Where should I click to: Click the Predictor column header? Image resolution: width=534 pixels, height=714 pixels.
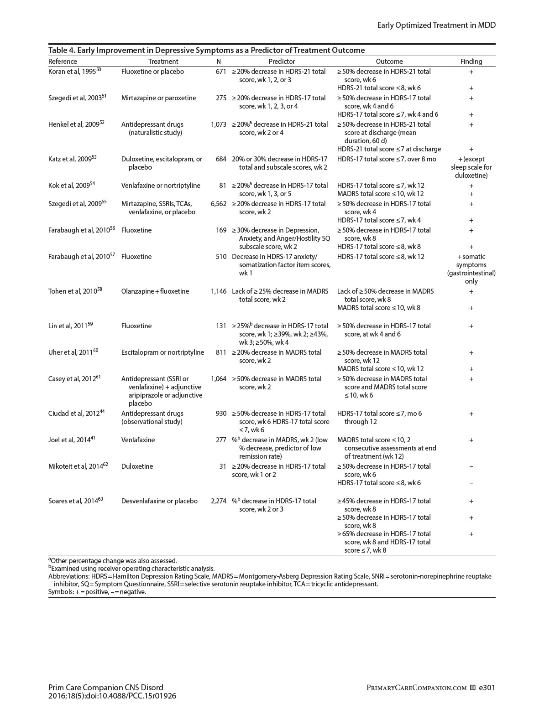(x=282, y=62)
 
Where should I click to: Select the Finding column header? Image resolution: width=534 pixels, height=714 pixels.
(x=471, y=62)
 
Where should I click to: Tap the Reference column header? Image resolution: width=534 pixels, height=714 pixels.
(x=63, y=62)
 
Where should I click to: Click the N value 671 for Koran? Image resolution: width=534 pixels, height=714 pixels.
(x=221, y=72)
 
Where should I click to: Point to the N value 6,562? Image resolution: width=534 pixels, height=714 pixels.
(x=219, y=204)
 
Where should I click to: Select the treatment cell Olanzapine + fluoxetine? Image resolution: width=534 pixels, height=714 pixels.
(x=155, y=291)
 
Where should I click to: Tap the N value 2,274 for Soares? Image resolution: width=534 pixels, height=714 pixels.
(x=219, y=501)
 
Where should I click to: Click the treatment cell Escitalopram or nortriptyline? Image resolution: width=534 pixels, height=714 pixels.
(x=162, y=352)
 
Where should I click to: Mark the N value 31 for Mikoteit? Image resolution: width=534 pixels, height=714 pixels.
(x=223, y=466)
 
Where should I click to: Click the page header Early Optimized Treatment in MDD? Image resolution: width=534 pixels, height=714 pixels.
(x=436, y=25)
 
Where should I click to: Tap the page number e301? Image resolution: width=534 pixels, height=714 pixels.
(x=487, y=688)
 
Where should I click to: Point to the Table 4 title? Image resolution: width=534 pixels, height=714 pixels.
(x=206, y=50)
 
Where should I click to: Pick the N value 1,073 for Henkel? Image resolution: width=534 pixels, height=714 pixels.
(x=219, y=124)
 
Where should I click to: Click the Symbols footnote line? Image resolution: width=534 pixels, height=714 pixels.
(x=97, y=592)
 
